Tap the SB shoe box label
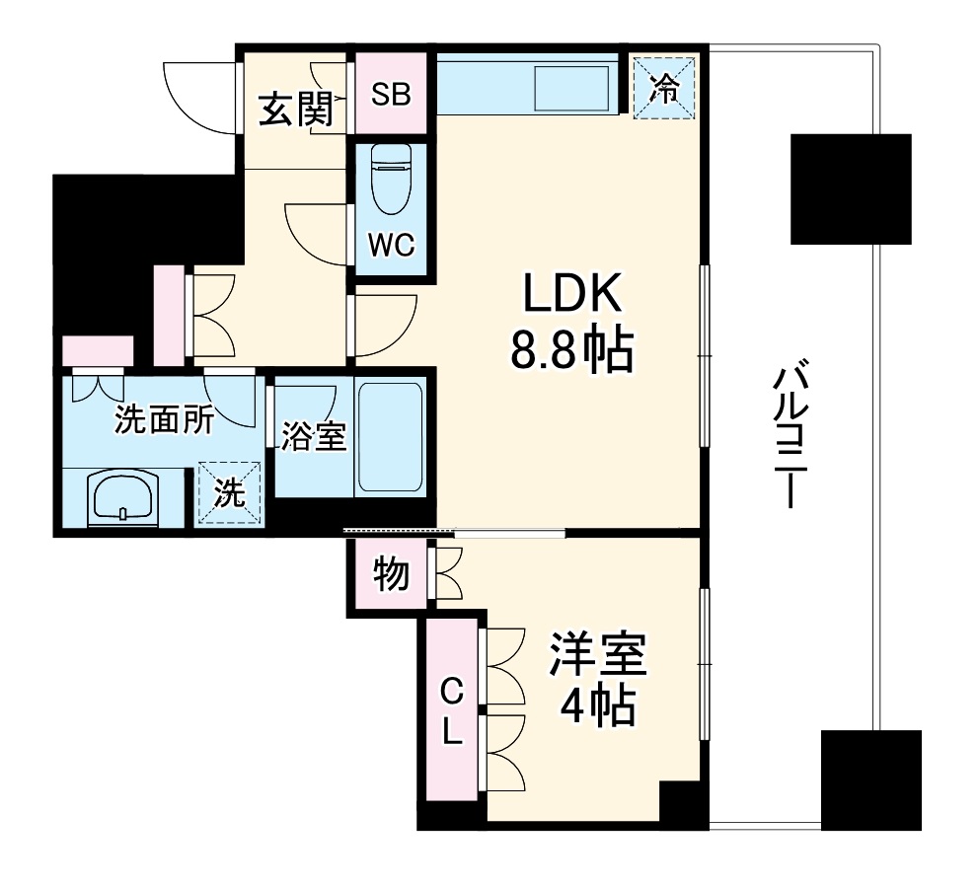(x=391, y=97)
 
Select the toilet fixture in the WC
(x=392, y=179)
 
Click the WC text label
(x=392, y=244)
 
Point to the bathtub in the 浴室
(x=391, y=436)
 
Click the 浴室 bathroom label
(x=313, y=436)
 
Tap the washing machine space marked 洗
(x=230, y=493)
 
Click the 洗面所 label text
(x=163, y=420)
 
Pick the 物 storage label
(x=392, y=573)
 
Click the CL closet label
(x=451, y=708)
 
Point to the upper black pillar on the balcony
(x=850, y=188)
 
